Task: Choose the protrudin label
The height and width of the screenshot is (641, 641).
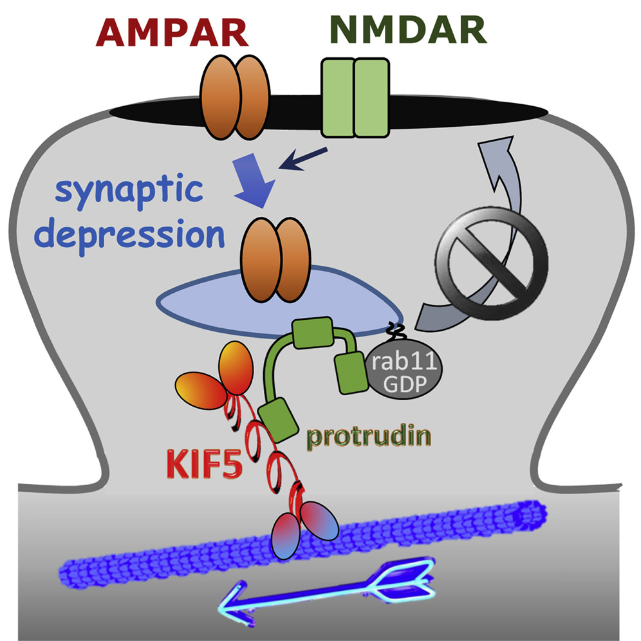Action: click(x=368, y=438)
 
